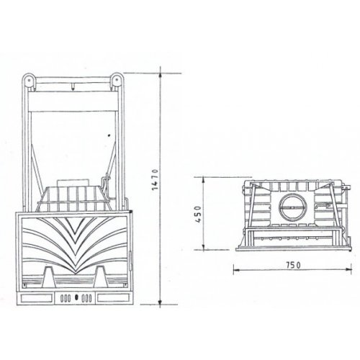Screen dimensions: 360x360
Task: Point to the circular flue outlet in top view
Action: coord(290,207)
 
